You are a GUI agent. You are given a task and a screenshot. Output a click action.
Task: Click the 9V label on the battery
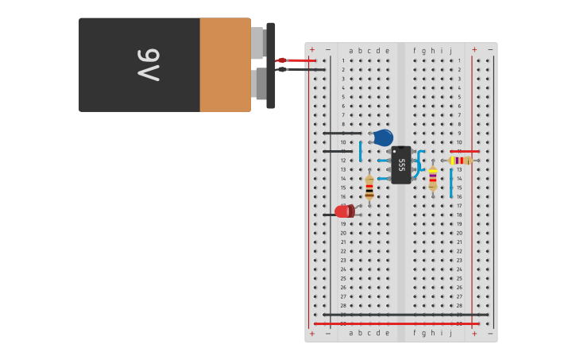(x=149, y=64)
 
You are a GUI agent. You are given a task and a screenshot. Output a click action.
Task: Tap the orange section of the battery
(x=225, y=64)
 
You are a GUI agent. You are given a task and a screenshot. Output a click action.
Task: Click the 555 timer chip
(x=401, y=165)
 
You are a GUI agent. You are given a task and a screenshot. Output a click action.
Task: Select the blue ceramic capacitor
(x=383, y=137)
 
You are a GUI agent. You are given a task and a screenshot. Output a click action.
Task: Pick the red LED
(x=344, y=211)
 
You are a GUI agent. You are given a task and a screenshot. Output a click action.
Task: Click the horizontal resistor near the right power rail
(x=460, y=161)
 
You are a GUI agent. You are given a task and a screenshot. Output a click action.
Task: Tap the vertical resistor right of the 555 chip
(x=432, y=178)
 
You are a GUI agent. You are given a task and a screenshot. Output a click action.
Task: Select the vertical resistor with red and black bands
(x=369, y=187)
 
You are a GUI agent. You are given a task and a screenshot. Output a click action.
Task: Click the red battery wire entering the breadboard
(x=298, y=60)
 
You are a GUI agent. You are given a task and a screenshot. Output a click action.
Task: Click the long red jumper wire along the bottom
(x=389, y=323)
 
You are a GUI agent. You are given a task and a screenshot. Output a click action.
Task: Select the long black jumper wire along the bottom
(x=405, y=315)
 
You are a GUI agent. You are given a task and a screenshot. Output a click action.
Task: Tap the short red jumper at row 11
(x=465, y=151)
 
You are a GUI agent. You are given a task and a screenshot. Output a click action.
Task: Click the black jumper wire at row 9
(x=342, y=134)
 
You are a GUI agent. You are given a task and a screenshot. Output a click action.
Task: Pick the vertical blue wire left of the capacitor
(x=360, y=151)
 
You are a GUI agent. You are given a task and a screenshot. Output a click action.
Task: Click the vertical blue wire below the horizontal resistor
(x=450, y=183)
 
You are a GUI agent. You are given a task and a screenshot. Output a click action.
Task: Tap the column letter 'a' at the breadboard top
(x=350, y=51)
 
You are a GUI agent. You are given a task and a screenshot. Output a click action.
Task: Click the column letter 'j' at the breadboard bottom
(x=450, y=333)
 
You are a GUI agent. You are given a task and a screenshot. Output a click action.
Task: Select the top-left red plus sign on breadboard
(x=311, y=49)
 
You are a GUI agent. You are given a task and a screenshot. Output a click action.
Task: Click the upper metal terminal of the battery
(x=258, y=43)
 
